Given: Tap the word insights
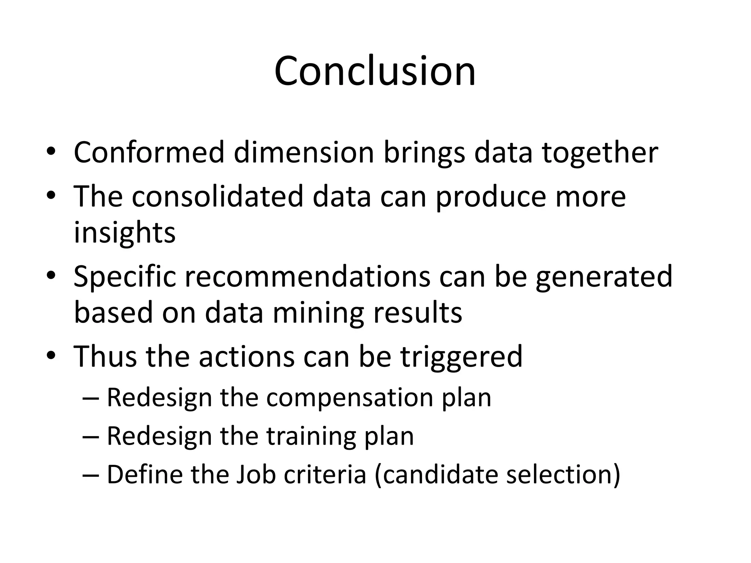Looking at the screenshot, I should [x=125, y=233].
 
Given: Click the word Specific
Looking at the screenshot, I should [x=125, y=277].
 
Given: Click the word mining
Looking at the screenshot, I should [x=318, y=313].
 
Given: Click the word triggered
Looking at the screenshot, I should [x=461, y=357].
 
